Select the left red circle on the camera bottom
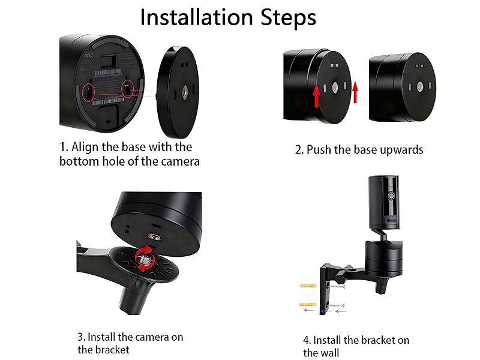coord(88,92)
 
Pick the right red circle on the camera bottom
coord(128,89)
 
